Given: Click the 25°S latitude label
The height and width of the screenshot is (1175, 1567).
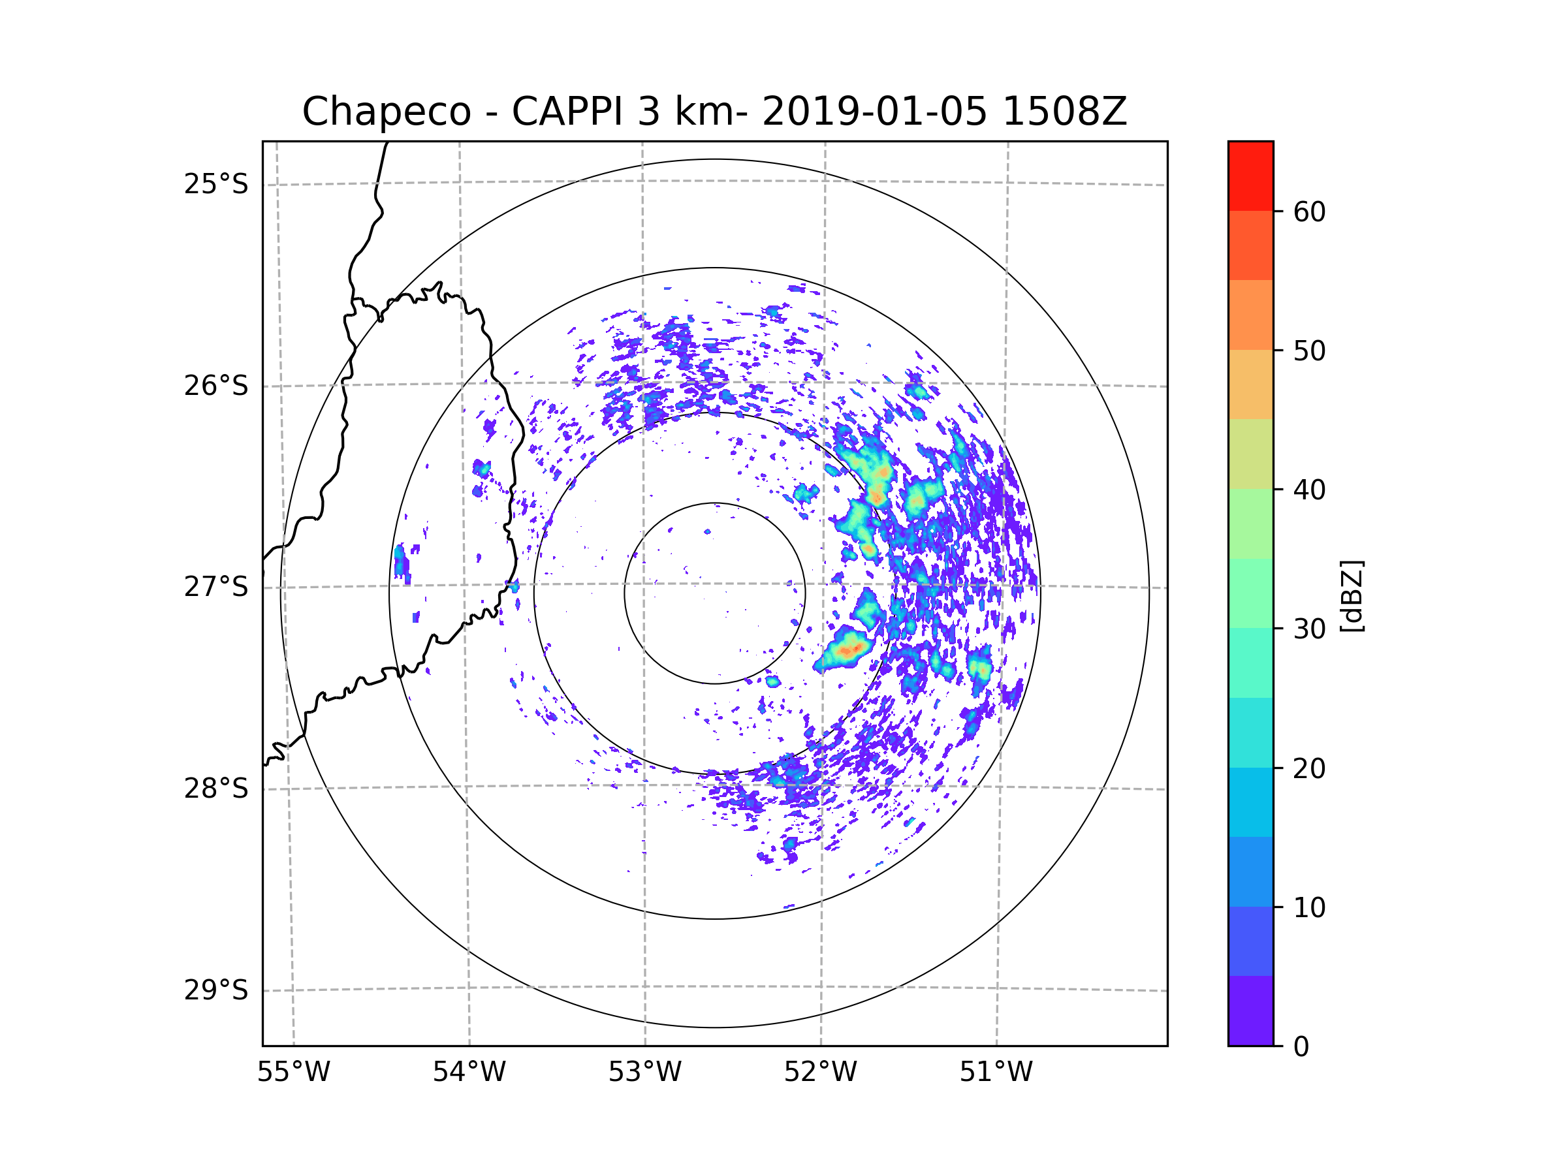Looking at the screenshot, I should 216,184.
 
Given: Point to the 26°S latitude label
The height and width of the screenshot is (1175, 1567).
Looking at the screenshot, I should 216,386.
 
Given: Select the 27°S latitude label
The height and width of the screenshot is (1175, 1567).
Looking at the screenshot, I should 216,587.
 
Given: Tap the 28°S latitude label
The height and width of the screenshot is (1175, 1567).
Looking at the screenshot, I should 216,789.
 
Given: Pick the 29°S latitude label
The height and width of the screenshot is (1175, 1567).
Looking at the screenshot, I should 216,990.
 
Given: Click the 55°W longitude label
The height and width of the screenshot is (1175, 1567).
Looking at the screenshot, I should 293,1073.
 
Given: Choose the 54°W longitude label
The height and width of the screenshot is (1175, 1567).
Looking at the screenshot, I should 469,1073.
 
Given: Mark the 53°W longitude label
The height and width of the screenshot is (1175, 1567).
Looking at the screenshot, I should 644,1073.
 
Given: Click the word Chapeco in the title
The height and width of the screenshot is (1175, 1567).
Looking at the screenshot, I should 386,112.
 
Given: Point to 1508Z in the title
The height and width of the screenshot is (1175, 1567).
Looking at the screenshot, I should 1064,112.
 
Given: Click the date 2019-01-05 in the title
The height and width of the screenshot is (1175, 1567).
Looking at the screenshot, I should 874,112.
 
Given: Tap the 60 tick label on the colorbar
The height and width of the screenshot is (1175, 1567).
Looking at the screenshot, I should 1309,211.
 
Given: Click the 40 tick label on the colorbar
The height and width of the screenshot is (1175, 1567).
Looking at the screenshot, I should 1309,490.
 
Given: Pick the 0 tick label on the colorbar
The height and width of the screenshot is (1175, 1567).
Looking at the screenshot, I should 1301,1047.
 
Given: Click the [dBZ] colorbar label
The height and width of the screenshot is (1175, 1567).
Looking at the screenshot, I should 1352,597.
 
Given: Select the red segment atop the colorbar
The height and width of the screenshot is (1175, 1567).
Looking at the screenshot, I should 1250,176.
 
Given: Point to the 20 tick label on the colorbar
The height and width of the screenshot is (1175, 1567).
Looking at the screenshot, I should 1309,768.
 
